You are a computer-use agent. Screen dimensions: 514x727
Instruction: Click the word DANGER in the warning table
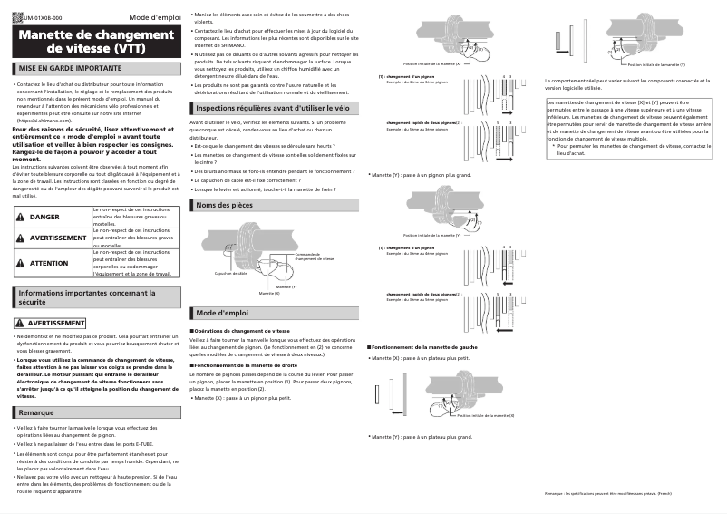(44, 218)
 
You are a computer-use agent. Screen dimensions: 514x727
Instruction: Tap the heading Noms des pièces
(225, 206)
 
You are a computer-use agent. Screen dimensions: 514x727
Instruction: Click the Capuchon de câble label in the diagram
(231, 272)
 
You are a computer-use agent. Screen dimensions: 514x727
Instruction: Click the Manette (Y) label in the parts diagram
(286, 286)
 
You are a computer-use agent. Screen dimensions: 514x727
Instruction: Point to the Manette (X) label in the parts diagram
(269, 293)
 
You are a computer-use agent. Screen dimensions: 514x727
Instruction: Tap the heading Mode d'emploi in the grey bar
(222, 313)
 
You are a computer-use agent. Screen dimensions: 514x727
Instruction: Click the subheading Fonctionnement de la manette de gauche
(424, 347)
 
